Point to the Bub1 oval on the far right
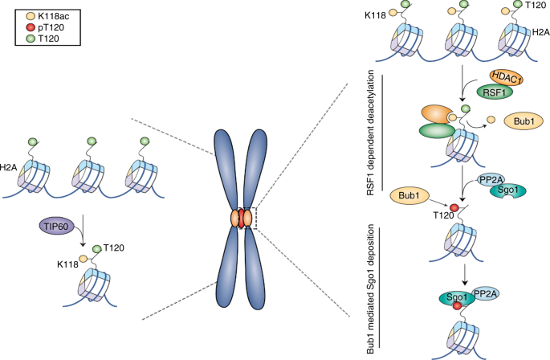click(522, 122)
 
